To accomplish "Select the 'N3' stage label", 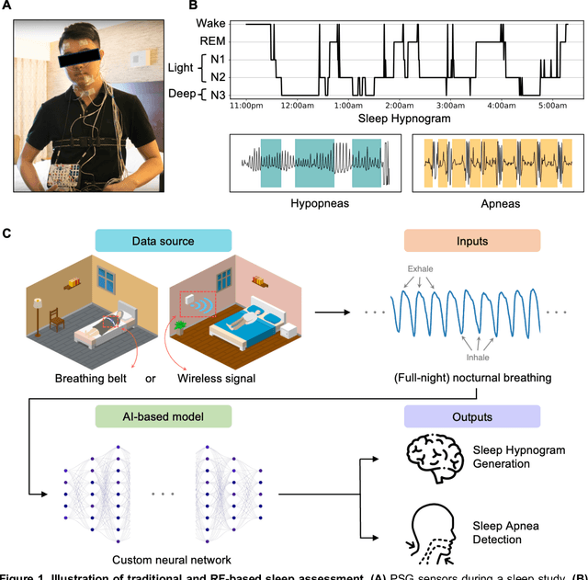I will point(211,95).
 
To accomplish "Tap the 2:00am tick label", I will point(401,106).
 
